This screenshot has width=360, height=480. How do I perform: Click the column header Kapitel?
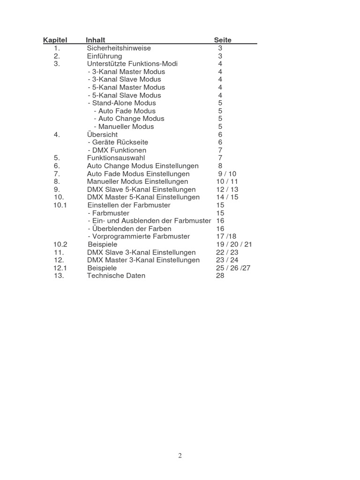[55, 40]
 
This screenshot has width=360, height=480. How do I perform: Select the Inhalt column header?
[96, 40]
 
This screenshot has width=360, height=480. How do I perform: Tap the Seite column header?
[223, 40]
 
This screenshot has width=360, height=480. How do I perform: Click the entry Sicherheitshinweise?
[119, 48]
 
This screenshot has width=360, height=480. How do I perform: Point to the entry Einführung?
[105, 56]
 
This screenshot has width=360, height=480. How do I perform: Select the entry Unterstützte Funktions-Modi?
[132, 64]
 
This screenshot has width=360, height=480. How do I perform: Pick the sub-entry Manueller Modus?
[124, 127]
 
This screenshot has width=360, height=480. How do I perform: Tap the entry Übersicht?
[102, 135]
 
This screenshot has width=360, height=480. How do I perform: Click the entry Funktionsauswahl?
[116, 158]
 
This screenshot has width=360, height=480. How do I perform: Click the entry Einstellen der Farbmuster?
[129, 205]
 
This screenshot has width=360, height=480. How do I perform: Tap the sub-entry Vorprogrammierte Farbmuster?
[139, 237]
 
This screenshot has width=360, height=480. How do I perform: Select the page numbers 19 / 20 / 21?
[234, 245]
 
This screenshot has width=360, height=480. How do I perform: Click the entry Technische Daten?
[116, 276]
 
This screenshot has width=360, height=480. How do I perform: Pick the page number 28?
[220, 276]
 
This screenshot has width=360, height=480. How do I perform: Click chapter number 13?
[59, 276]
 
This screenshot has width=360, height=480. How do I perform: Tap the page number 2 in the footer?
[180, 456]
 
